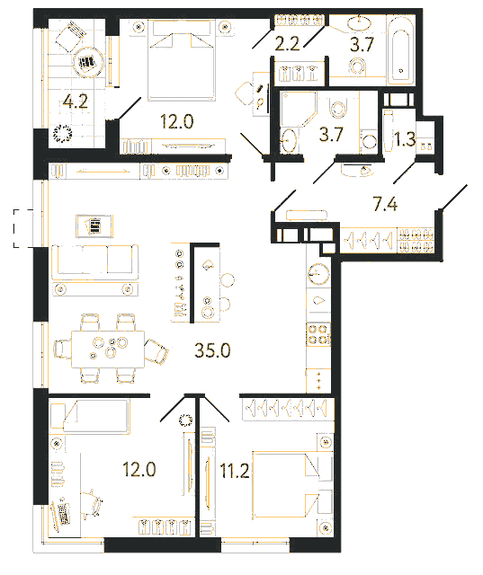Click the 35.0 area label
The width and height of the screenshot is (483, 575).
(x=212, y=350)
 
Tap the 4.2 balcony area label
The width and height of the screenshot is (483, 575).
(x=76, y=102)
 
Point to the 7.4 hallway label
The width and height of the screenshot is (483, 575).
(x=385, y=204)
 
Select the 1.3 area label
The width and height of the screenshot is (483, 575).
(x=405, y=139)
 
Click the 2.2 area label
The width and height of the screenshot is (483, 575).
(x=288, y=44)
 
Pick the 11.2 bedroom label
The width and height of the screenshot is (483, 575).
(x=235, y=471)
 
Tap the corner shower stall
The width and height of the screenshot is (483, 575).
(x=298, y=109)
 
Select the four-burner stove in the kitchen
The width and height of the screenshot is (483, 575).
(x=318, y=334)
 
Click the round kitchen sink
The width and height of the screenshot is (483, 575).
(x=318, y=274)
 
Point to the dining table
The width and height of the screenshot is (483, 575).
(x=108, y=349)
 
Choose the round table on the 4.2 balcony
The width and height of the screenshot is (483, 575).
(x=88, y=62)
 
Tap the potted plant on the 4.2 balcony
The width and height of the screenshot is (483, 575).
(x=62, y=134)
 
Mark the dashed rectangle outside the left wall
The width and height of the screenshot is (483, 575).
(x=23, y=228)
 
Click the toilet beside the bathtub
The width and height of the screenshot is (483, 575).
(x=357, y=66)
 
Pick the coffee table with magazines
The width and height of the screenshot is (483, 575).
(x=94, y=226)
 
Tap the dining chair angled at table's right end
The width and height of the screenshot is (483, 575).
(x=157, y=351)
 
